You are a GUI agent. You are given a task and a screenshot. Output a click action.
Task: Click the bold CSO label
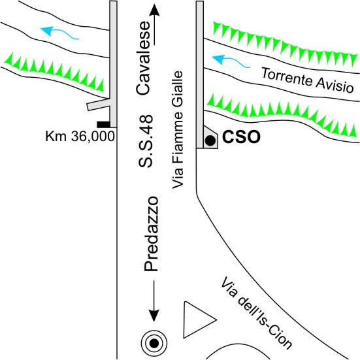click(241, 137)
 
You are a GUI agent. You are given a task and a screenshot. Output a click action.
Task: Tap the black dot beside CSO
click(210, 140)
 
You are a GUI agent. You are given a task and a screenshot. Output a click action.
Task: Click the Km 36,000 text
click(80, 136)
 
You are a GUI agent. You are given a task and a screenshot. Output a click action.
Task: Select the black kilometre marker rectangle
click(103, 124)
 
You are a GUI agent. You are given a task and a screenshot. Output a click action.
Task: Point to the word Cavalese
click(143, 58)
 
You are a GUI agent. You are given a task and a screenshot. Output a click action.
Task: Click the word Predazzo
click(151, 234)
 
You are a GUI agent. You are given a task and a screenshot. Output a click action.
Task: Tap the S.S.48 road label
click(146, 140)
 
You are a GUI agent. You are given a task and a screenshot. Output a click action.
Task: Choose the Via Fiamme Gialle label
click(178, 131)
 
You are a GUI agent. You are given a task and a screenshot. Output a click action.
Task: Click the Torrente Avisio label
click(308, 80)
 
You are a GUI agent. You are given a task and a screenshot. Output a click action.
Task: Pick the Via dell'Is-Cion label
click(257, 313)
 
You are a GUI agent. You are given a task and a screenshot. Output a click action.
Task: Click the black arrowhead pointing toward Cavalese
click(154, 10)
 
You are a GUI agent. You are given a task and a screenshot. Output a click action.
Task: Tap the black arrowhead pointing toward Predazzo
click(154, 316)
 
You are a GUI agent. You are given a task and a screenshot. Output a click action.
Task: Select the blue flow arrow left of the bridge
click(59, 33)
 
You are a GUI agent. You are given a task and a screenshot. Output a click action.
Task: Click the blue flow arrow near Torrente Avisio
click(231, 61)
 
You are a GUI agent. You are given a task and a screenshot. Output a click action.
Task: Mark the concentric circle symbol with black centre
click(154, 344)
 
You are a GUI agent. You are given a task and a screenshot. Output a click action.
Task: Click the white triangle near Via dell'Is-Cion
click(195, 320)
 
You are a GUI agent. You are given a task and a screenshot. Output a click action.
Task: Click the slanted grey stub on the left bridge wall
click(99, 105)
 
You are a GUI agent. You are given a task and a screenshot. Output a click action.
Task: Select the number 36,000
click(93, 137)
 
